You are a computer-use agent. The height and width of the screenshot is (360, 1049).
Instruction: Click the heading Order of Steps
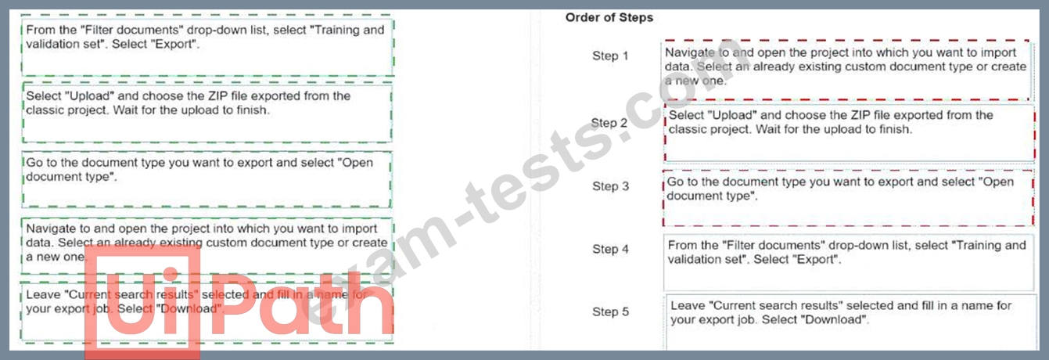click(609, 18)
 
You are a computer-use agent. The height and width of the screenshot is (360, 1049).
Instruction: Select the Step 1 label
click(610, 56)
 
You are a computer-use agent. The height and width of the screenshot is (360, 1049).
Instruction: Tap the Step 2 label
click(609, 123)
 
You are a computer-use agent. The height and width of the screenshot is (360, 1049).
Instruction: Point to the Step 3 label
click(611, 186)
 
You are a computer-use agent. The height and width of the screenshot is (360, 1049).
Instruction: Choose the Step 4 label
click(610, 249)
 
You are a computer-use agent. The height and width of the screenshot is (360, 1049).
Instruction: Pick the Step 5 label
click(610, 311)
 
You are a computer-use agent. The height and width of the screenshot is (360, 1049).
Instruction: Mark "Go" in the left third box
click(34, 163)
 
